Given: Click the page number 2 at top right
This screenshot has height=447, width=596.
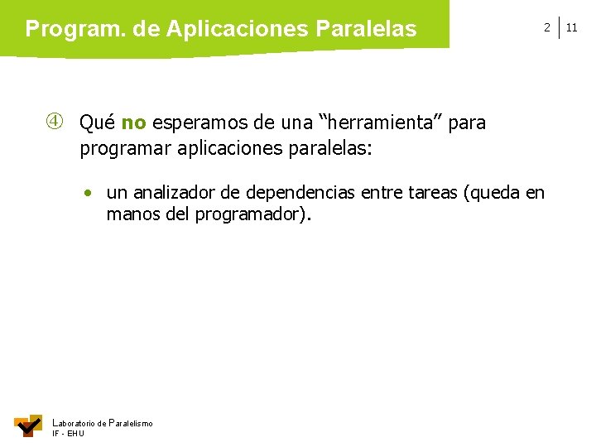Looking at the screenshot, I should click(546, 27).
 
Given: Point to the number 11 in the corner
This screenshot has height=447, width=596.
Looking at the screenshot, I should click(572, 27).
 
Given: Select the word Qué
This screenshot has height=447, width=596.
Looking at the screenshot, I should click(97, 123).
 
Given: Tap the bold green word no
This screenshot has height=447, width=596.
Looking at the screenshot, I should click(133, 123).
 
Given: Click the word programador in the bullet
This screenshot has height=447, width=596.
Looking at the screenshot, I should click(252, 215).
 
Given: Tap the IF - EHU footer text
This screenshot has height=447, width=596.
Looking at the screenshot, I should click(68, 434).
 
